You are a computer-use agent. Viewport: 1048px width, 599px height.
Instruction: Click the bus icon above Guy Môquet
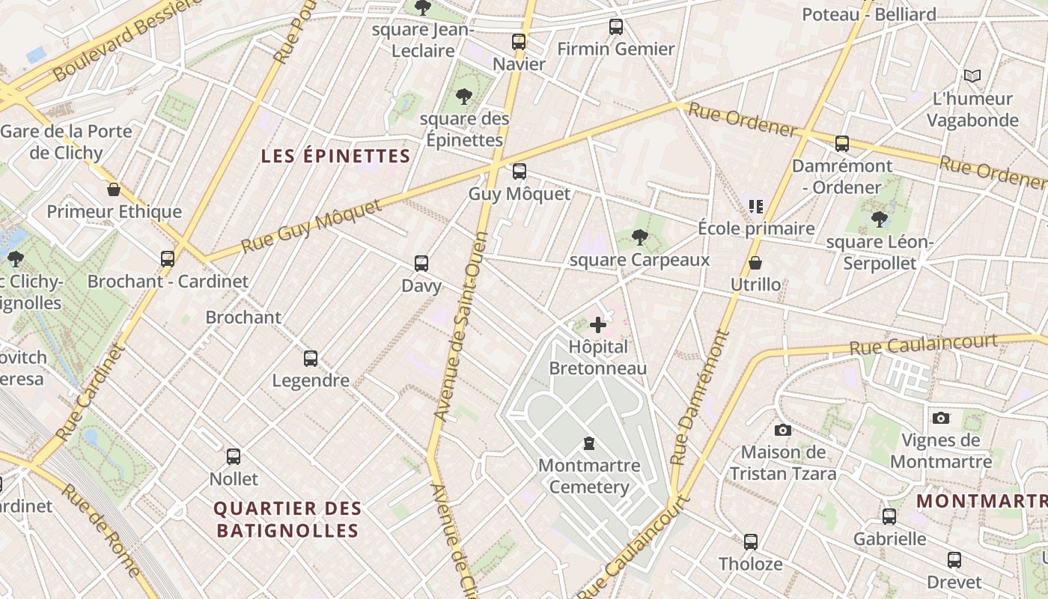(x=519, y=171)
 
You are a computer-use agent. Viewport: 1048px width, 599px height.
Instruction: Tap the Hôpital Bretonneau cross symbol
(x=597, y=325)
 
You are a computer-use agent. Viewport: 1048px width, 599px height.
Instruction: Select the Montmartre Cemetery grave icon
(x=589, y=443)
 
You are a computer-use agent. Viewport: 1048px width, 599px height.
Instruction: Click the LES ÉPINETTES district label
(x=336, y=156)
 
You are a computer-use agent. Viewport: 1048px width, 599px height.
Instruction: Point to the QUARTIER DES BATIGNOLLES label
(x=287, y=520)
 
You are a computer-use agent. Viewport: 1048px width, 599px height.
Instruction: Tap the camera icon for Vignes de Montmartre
(x=941, y=418)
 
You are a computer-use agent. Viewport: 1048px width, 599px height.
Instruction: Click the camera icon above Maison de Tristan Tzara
(x=782, y=430)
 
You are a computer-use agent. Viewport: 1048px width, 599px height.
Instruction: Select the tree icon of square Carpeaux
(x=639, y=237)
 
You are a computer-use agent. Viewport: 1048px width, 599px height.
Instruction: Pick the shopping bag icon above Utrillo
(x=755, y=263)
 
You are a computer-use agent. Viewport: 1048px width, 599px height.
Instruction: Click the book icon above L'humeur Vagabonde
(x=972, y=76)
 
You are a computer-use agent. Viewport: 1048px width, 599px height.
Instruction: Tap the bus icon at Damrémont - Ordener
(x=842, y=144)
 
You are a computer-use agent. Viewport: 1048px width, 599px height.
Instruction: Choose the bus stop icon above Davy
(x=421, y=264)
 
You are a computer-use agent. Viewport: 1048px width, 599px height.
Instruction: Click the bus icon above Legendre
(x=311, y=359)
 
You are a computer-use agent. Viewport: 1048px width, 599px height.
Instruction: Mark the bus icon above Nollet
(x=234, y=456)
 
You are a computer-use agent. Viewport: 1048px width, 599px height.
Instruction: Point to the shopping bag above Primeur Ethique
(x=114, y=189)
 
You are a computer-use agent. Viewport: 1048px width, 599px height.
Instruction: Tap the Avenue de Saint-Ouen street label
(x=461, y=326)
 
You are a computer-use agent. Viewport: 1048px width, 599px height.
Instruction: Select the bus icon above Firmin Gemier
(x=616, y=27)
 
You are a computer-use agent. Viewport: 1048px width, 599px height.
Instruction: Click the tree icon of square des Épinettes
(x=464, y=96)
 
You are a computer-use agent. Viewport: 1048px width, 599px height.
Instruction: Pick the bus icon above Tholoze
(x=750, y=541)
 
